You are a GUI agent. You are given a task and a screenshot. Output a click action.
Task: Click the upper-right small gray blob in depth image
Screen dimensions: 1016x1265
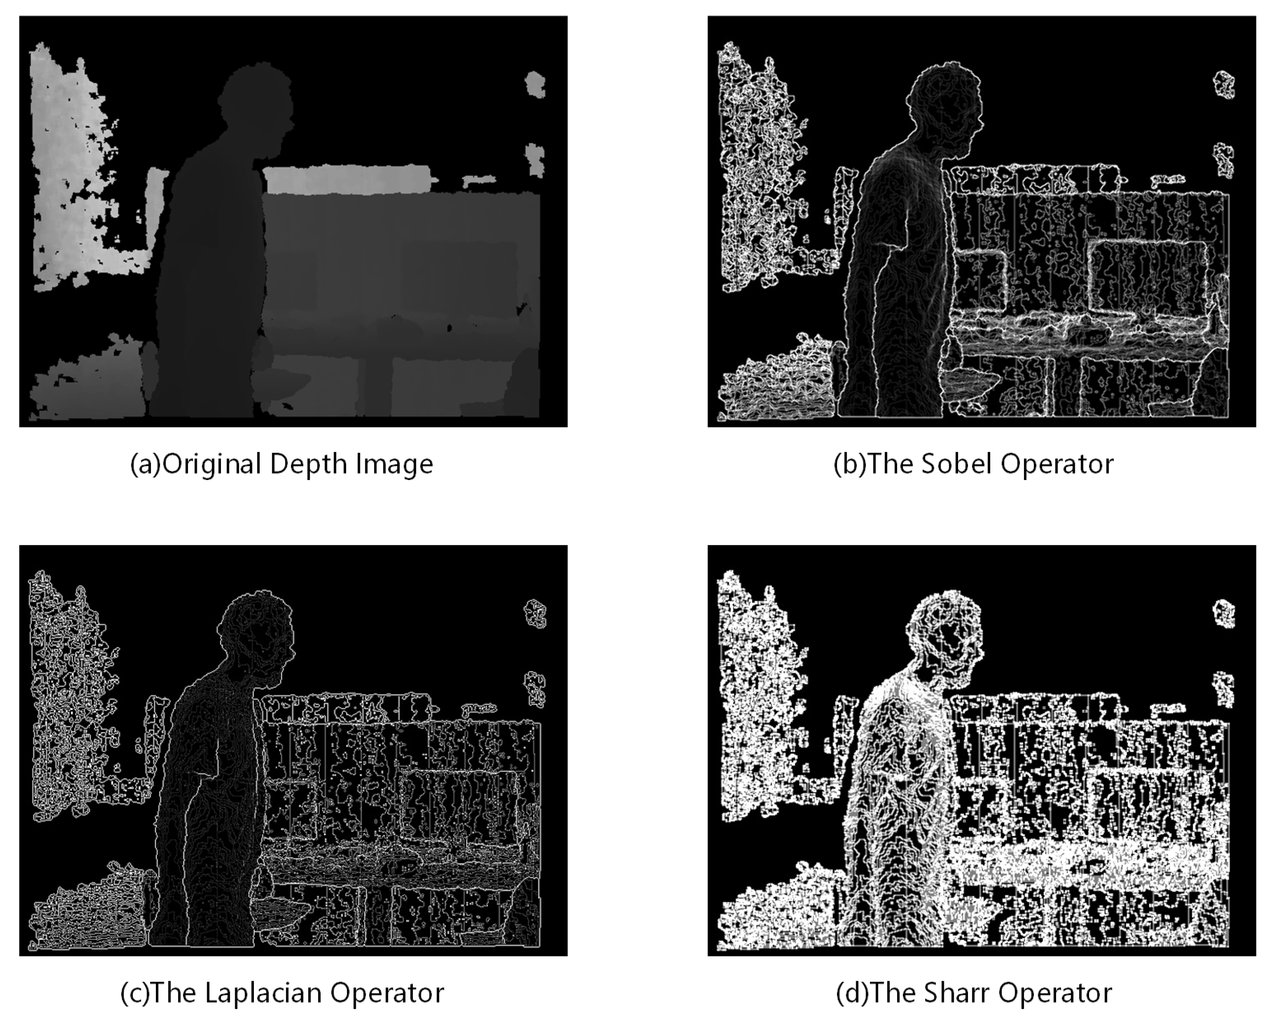(535, 84)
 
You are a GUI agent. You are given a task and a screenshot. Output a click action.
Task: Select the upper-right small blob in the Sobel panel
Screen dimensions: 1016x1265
(1223, 84)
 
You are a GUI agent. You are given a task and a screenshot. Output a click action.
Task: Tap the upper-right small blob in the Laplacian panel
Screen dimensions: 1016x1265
(535, 613)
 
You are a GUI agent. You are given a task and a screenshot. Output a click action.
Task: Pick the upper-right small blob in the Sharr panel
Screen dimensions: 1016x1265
(1223, 613)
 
